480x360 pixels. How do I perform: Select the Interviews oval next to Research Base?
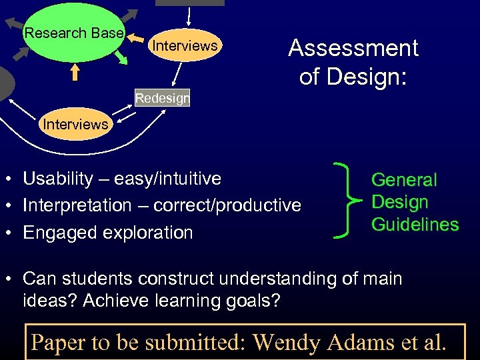tap(185, 46)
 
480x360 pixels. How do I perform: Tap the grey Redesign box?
tap(163, 99)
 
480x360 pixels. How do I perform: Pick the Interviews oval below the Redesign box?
tap(75, 124)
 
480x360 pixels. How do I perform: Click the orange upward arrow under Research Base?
tap(75, 72)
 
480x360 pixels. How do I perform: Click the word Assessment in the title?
tap(353, 48)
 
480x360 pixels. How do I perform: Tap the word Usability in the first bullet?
tap(57, 179)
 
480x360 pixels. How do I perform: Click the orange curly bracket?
tap(346, 199)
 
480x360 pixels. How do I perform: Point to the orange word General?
tap(404, 180)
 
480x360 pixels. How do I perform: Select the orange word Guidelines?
tap(415, 225)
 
